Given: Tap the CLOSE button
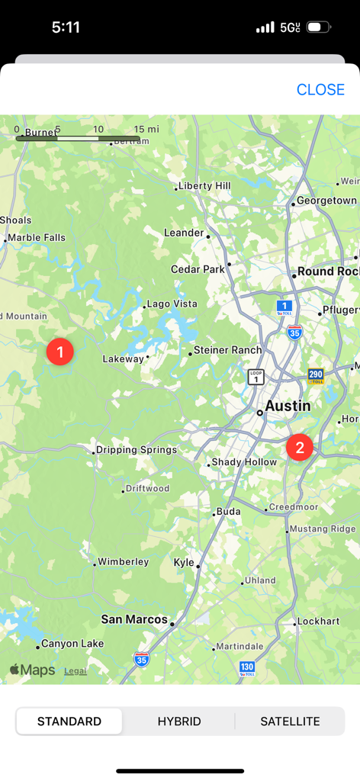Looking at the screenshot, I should coord(320,89).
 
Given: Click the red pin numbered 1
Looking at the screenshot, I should coord(59,352).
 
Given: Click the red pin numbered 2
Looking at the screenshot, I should coord(300,447).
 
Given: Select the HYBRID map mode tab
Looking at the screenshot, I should coord(179,721).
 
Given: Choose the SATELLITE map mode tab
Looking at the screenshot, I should coord(290,721).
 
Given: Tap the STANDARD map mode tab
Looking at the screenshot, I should coord(69,721).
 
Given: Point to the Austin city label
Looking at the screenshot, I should coord(288,407).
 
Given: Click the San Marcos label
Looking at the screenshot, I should coord(134,619).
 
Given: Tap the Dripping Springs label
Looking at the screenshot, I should coord(137,450).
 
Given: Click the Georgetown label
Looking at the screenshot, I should coord(326,201).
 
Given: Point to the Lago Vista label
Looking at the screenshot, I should coord(172,304).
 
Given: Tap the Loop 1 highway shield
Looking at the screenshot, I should coord(256,377).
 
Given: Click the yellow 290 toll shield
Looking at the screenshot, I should coord(316,375).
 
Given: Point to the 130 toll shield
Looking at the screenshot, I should coord(246,668).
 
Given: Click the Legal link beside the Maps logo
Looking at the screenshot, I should coord(75,671).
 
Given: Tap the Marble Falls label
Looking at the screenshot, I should coord(37,238).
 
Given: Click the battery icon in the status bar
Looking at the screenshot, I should coord(319,27).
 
